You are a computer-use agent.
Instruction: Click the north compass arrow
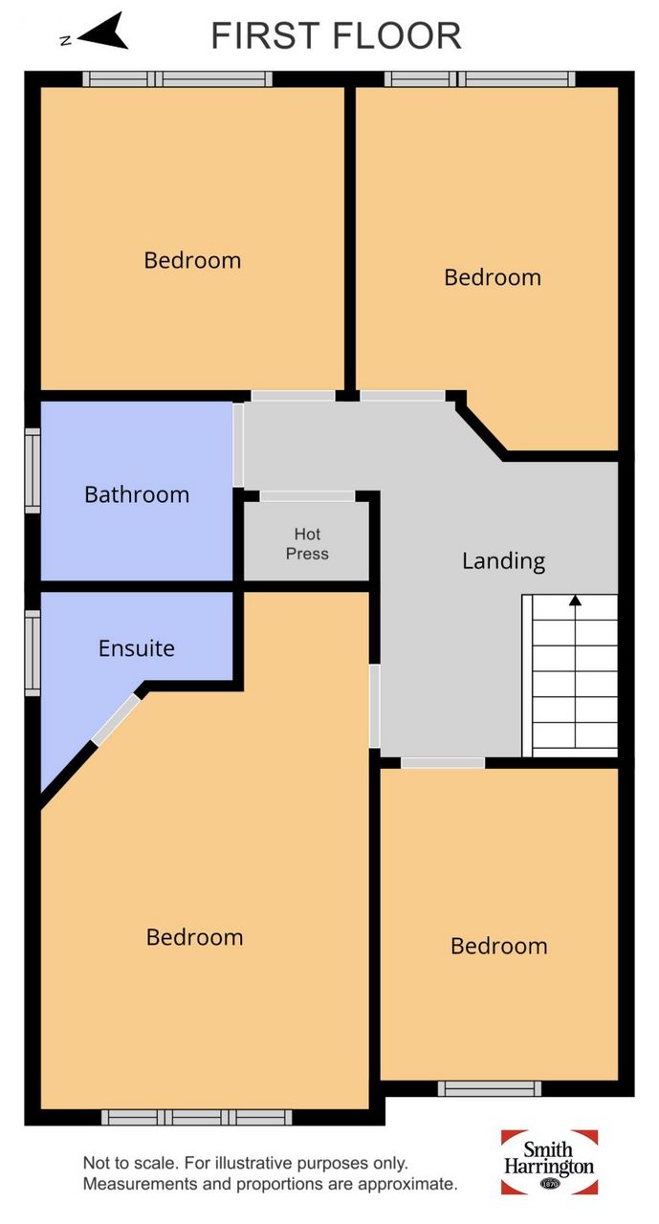pos(104,33)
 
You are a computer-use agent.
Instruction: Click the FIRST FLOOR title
pos(336,36)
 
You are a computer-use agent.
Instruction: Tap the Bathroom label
pos(137,494)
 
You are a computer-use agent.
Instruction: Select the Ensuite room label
pos(137,648)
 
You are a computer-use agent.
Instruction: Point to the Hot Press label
pos(307,544)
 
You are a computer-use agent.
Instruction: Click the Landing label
pos(503,561)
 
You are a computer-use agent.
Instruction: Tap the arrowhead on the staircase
pos(575,601)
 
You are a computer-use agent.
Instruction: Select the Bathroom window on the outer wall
pos(33,470)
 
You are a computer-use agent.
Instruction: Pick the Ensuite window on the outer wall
pos(33,653)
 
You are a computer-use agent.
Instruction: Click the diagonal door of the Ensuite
pos(117,719)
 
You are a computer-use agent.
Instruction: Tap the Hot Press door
pos(307,496)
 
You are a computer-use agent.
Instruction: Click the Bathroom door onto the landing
pos(238,445)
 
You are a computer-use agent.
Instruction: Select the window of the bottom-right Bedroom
pos(490,1088)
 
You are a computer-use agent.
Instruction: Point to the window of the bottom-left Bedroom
pos(197,1117)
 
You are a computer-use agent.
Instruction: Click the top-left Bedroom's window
pos(178,79)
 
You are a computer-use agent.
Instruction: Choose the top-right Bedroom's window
pos(480,79)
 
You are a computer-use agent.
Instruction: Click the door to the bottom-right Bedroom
pos(443,762)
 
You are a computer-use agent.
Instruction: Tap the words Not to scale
pos(128,1164)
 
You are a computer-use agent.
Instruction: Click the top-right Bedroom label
pos(493,277)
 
